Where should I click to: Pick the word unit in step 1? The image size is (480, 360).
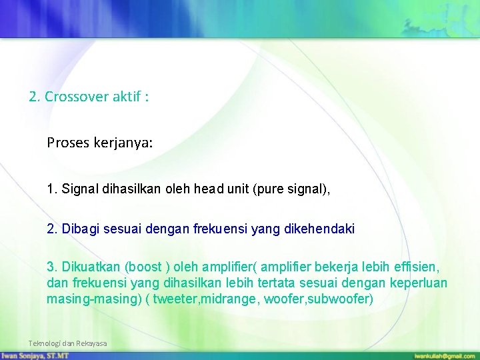[x=237, y=189]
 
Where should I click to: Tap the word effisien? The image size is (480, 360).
[x=416, y=267]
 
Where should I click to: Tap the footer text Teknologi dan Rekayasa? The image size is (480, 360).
[x=67, y=343]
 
